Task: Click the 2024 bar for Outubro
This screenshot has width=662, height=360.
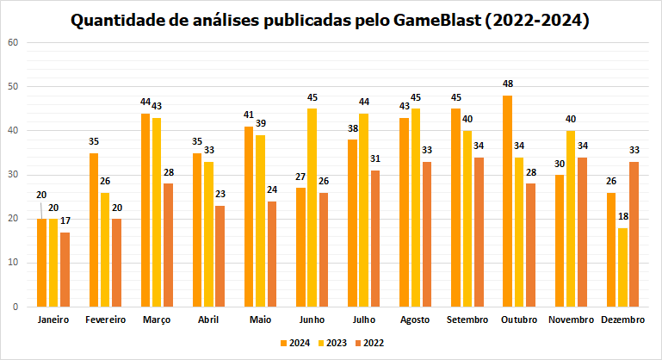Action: pos(507,201)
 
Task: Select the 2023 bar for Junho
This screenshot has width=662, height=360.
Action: pos(312,207)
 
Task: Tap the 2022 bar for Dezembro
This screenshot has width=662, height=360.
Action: pos(634,233)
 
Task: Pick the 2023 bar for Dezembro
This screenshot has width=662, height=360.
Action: pos(622,267)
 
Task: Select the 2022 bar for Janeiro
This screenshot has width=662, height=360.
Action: pos(65,269)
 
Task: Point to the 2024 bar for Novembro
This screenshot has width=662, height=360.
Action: pos(560,240)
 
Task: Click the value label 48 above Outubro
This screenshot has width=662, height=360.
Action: pos(507,84)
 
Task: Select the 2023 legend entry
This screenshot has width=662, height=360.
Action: pos(333,343)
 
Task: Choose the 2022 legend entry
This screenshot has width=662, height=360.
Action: pos(373,343)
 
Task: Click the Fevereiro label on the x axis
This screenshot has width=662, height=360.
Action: pos(105,320)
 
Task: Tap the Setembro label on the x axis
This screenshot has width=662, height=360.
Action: pos(467,320)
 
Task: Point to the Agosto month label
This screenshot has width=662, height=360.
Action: pos(415,320)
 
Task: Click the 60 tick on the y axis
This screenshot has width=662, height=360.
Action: pos(11,42)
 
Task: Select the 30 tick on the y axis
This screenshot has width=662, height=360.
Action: pos(11,175)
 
